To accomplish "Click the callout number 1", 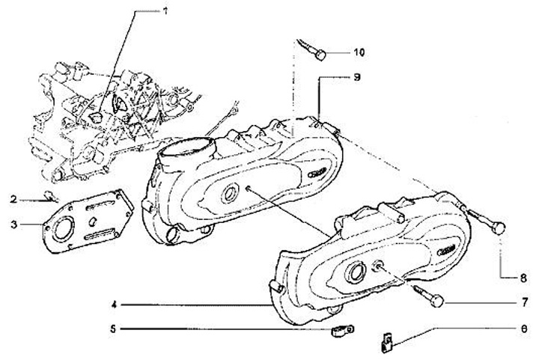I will click(166, 12).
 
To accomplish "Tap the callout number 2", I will click(13, 199).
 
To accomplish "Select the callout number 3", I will click(13, 223).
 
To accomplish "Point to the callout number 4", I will click(114, 305).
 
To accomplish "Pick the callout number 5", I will click(114, 328).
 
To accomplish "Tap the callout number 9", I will click(357, 77).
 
